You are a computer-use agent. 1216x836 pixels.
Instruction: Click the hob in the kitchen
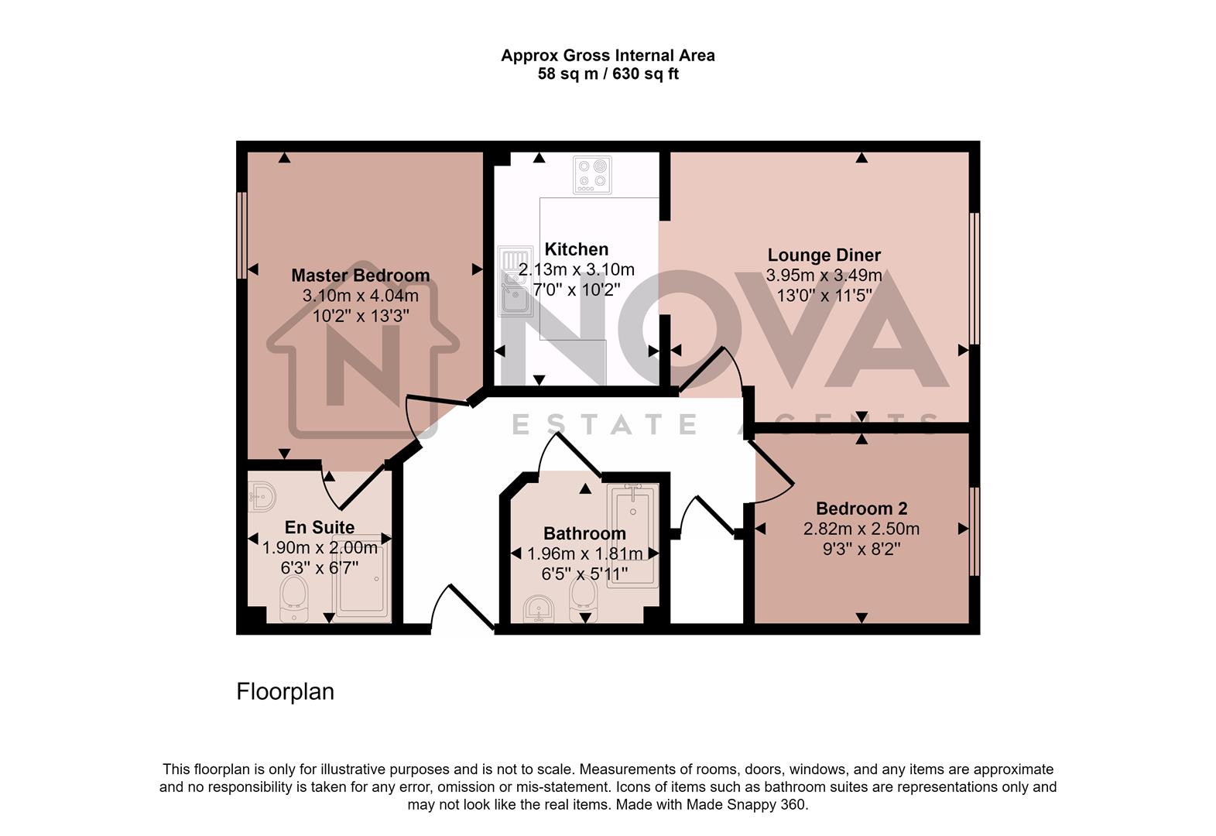[592, 175]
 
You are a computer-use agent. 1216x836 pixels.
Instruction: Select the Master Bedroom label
[360, 276]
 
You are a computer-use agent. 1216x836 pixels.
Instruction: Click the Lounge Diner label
[824, 255]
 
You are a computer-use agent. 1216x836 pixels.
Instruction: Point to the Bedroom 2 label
[861, 509]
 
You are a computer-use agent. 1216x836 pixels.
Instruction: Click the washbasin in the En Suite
[262, 495]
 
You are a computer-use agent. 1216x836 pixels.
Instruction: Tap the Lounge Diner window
[975, 279]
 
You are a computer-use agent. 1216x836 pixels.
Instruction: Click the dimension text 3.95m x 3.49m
[824, 276]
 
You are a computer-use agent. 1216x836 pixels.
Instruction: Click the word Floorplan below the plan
[285, 691]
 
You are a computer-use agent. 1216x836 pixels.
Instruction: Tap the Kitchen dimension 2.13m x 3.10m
[576, 270]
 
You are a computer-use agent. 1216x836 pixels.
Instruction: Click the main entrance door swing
[463, 608]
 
